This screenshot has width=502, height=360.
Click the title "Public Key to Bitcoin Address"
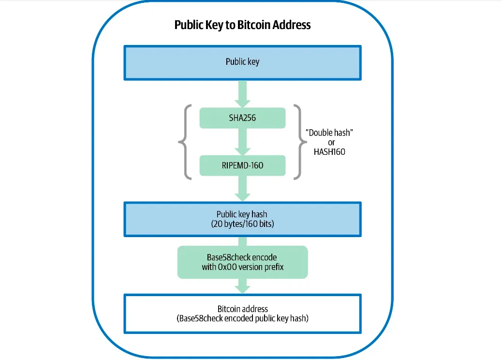[x=242, y=25]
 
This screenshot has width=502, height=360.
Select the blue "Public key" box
[x=242, y=62]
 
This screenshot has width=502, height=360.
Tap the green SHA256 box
[x=242, y=118]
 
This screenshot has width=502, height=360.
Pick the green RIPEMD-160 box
[x=242, y=166]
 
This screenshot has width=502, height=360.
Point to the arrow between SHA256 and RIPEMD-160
[x=242, y=141]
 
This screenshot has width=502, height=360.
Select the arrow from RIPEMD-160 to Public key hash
[x=242, y=188]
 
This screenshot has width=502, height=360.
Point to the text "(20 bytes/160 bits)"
[x=242, y=225]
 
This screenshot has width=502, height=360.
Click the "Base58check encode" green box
[x=242, y=262]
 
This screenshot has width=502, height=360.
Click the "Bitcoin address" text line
[x=242, y=309]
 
